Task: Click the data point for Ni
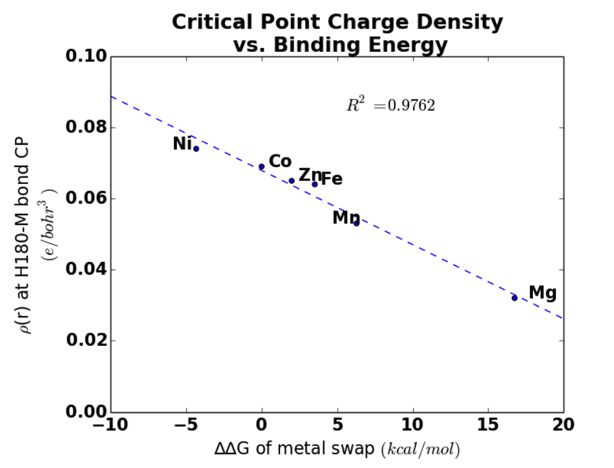196,149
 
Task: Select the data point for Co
262,167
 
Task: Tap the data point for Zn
292,180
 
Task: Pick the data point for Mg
515,298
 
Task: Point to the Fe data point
314,184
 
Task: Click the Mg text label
543,293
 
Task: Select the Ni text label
183,144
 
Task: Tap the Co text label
280,161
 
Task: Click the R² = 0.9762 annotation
391,105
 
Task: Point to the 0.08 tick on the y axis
86,127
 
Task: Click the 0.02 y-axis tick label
86,340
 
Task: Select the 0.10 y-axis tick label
86,56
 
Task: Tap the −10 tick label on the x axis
111,425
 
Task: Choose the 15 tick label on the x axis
488,425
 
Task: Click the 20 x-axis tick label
563,425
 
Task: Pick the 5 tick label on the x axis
338,425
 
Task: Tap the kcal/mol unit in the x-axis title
421,450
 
